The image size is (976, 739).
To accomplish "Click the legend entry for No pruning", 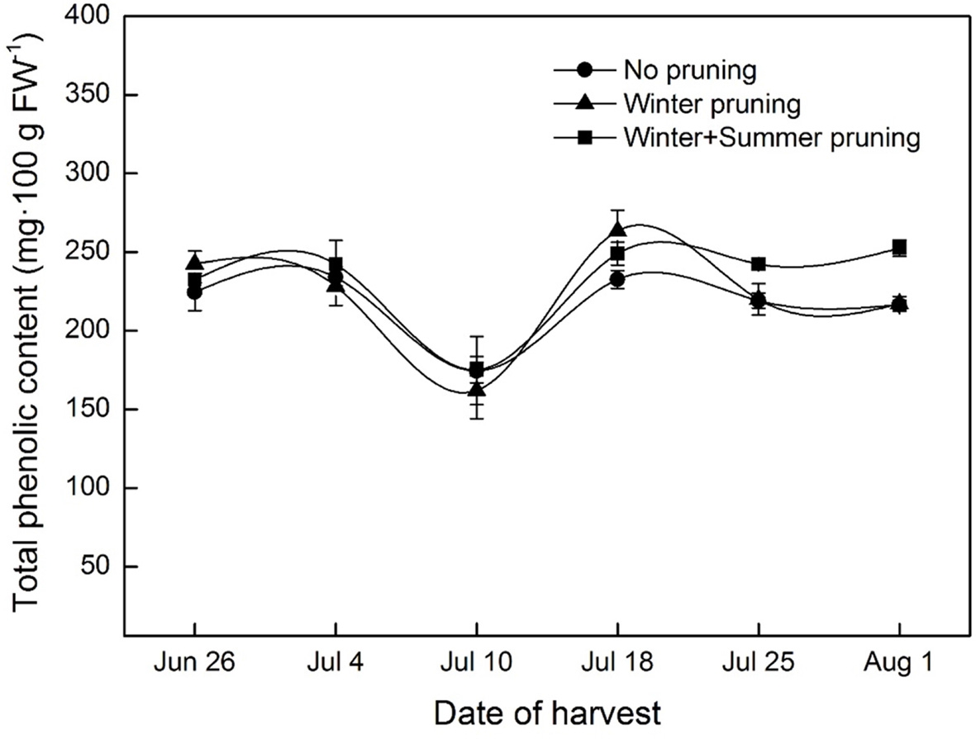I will click(690, 70).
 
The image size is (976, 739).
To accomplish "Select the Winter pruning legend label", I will click(712, 104).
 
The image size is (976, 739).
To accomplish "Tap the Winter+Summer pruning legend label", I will click(772, 138).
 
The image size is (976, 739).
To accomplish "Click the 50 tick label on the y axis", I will click(98, 567).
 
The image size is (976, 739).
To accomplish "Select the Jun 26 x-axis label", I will click(194, 664).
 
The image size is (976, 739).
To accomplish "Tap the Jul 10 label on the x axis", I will click(476, 664).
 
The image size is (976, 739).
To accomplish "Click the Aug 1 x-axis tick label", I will click(899, 664).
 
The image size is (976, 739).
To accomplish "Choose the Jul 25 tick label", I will click(758, 664).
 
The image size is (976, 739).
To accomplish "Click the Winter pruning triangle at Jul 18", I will click(617, 229).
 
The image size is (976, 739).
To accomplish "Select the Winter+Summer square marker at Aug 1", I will click(899, 248).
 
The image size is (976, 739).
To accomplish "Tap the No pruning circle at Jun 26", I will click(194, 292).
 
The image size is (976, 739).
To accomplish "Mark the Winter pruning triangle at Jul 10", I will click(477, 389).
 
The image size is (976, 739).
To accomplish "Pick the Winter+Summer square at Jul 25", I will click(758, 264).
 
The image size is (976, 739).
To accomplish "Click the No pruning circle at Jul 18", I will click(617, 280).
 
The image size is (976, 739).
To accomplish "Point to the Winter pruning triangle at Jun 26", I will click(194, 262).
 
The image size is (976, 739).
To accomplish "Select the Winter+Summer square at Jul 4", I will click(336, 265).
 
